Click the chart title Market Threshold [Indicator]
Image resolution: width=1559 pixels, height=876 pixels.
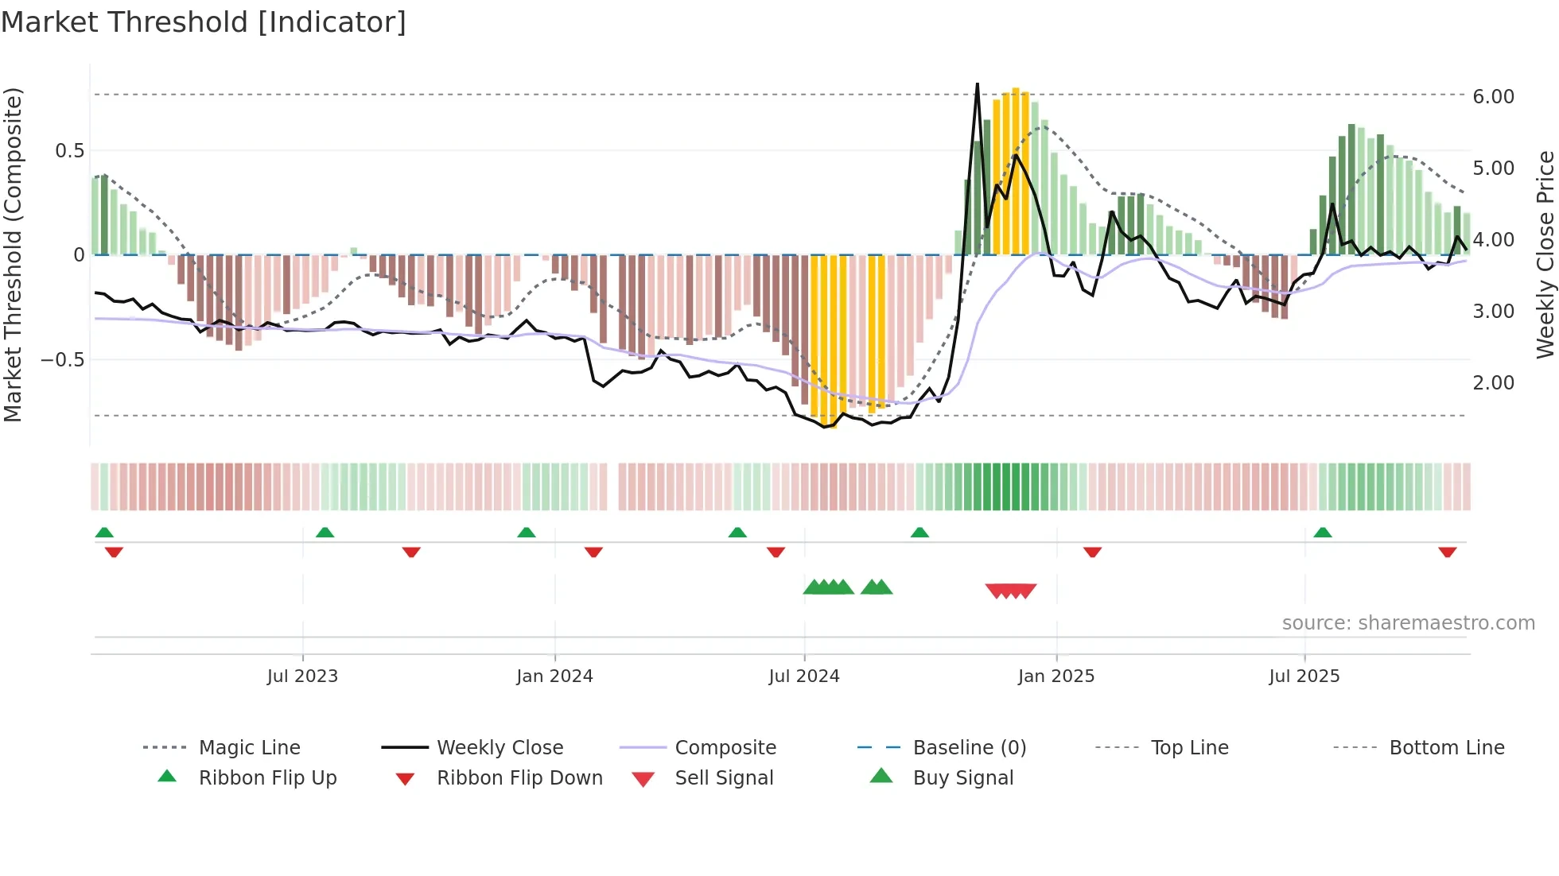tap(204, 22)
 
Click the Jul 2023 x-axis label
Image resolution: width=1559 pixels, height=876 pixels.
tap(302, 676)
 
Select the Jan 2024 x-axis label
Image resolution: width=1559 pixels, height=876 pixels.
tap(554, 676)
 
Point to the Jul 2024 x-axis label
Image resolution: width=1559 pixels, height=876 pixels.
tap(804, 676)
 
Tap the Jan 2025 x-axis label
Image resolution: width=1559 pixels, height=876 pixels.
tap(1056, 676)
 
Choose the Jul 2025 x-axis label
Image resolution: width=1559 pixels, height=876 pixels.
tap(1304, 676)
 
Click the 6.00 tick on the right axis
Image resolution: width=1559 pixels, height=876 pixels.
tap(1494, 97)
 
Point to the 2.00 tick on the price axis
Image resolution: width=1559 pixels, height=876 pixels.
tap(1494, 383)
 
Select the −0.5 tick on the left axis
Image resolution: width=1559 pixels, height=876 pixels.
tap(63, 360)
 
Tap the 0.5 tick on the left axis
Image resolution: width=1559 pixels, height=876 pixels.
tap(69, 151)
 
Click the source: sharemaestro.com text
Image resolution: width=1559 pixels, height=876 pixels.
tap(1409, 623)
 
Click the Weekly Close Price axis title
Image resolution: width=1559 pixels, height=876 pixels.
tap(1545, 254)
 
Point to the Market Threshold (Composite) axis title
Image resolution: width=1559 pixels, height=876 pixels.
tap(14, 254)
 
